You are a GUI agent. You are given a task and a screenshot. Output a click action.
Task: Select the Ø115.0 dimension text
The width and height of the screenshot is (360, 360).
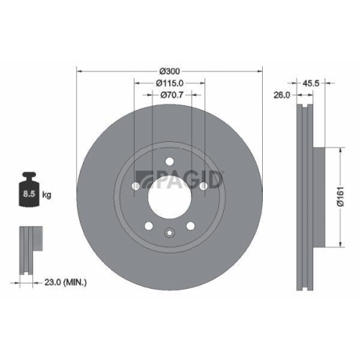[x=170, y=83]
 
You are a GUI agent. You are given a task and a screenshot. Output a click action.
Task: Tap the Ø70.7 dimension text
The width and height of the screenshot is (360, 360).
[x=170, y=94]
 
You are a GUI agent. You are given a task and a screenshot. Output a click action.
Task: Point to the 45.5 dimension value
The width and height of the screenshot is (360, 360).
[x=310, y=83]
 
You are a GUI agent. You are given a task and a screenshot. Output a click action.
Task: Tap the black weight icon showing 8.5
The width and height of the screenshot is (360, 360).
[x=30, y=191]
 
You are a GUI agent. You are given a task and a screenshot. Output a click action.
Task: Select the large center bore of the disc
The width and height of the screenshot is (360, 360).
[x=169, y=194]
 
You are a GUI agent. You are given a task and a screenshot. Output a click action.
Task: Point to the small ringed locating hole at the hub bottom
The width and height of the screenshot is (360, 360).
[x=169, y=232]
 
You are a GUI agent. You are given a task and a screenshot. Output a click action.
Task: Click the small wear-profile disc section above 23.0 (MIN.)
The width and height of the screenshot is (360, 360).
[x=27, y=248]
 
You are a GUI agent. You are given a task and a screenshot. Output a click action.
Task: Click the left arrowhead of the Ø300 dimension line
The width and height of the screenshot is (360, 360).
[x=78, y=71]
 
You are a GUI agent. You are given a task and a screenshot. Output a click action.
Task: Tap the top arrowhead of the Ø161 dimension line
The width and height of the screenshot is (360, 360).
[x=338, y=150]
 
